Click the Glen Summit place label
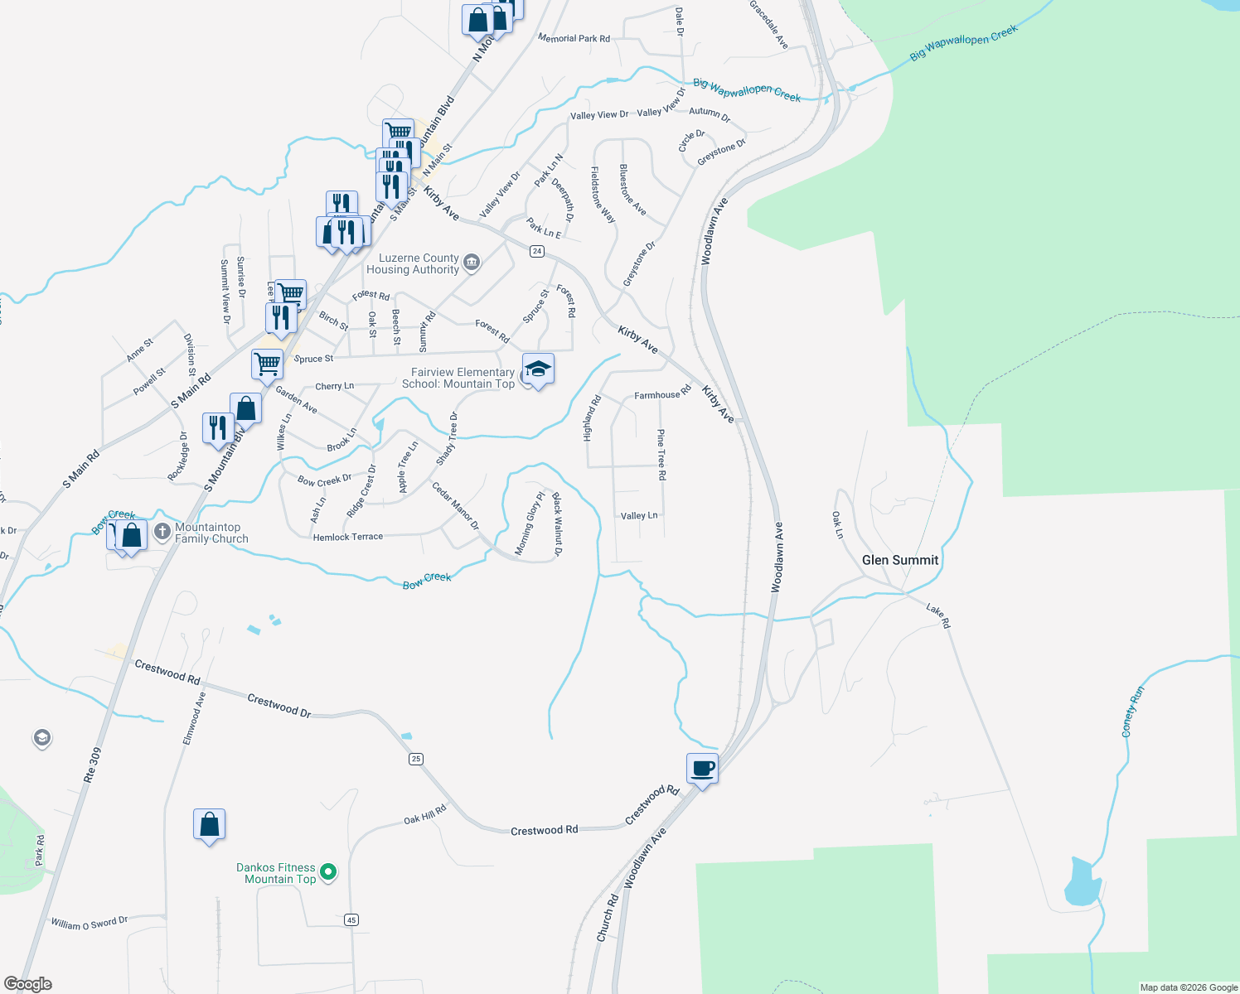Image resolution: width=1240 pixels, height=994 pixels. click(x=899, y=560)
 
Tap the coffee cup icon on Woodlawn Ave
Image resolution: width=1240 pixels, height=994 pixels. click(x=702, y=769)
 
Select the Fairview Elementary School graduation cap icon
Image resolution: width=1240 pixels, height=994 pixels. click(x=538, y=369)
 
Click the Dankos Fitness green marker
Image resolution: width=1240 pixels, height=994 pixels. click(x=328, y=871)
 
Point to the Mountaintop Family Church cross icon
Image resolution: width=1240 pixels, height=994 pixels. click(x=162, y=530)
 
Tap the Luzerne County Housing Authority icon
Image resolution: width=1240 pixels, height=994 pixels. click(x=472, y=263)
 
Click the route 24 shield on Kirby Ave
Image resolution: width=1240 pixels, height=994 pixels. click(x=537, y=251)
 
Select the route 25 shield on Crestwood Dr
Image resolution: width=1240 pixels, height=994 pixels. click(x=416, y=759)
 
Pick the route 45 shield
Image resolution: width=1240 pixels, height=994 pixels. click(x=351, y=919)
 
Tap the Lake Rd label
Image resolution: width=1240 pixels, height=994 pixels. click(x=938, y=615)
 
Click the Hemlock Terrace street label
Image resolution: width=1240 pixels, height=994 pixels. click(x=348, y=537)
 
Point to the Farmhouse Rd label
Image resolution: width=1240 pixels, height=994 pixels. click(x=662, y=394)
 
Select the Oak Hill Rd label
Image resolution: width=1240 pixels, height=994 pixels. click(x=425, y=815)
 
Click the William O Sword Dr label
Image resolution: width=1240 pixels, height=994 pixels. click(x=90, y=923)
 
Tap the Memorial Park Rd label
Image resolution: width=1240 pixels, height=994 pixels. click(x=574, y=38)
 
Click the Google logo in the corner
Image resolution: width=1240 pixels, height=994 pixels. click(x=28, y=984)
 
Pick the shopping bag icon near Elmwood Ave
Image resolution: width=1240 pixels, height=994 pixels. click(x=209, y=825)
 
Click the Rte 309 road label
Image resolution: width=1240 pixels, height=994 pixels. click(x=92, y=765)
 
